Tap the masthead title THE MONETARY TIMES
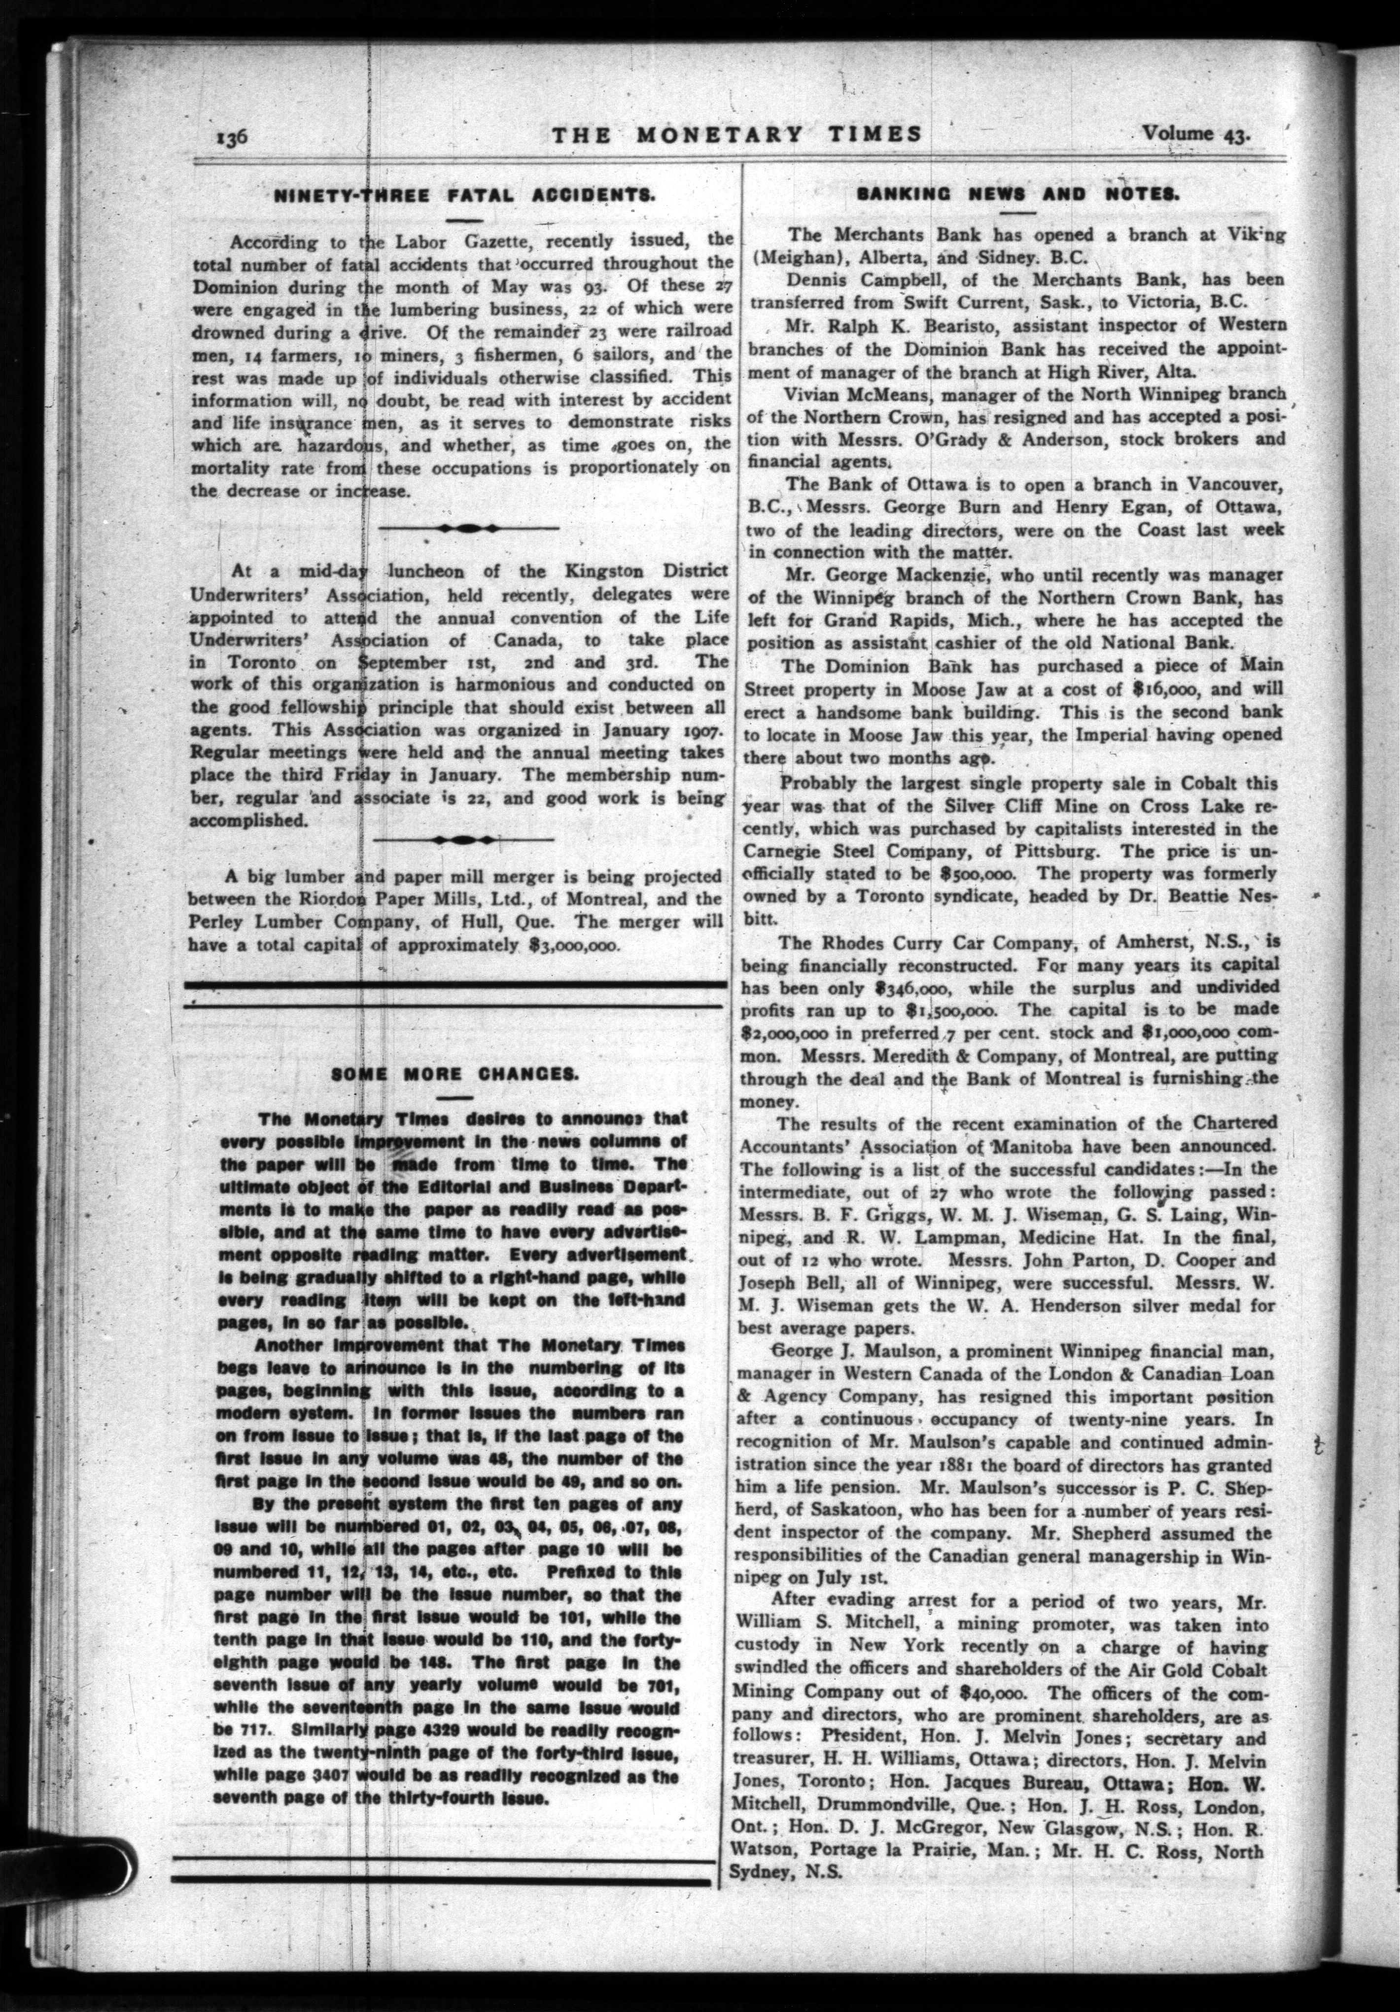pyautogui.click(x=737, y=134)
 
